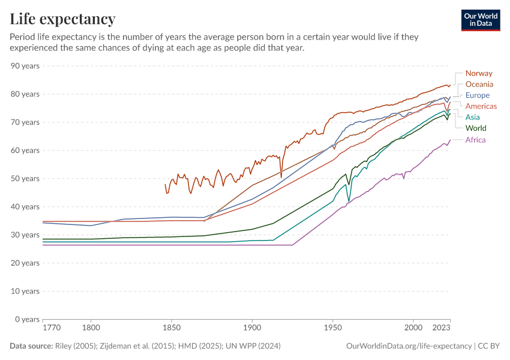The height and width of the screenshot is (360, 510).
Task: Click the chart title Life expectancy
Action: pyautogui.click(x=62, y=19)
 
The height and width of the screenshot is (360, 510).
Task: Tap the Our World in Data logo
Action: pyautogui.click(x=481, y=20)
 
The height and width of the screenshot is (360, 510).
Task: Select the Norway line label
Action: pyautogui.click(x=479, y=73)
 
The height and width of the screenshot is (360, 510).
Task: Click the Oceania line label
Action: pyautogui.click(x=479, y=84)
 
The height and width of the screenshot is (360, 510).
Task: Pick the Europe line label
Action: pyautogui.click(x=478, y=95)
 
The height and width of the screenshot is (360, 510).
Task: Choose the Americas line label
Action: pyautogui.click(x=481, y=106)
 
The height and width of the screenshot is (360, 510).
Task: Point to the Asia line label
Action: pyautogui.click(x=473, y=117)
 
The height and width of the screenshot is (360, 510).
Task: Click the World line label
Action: pyautogui.click(x=476, y=128)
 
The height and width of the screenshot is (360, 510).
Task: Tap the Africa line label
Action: pyautogui.click(x=475, y=140)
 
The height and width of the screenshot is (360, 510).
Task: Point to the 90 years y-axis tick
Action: pyautogui.click(x=25, y=65)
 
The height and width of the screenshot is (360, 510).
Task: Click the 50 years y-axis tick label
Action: pyautogui.click(x=25, y=178)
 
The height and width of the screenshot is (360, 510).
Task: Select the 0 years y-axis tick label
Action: pyautogui.click(x=27, y=319)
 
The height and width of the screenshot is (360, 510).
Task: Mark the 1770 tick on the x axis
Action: pyautogui.click(x=52, y=328)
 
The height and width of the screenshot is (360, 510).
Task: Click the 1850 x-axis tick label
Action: pyautogui.click(x=171, y=328)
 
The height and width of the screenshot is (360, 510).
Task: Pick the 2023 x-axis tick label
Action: pyautogui.click(x=441, y=328)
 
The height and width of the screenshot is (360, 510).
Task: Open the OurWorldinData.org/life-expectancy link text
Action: pyautogui.click(x=409, y=346)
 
